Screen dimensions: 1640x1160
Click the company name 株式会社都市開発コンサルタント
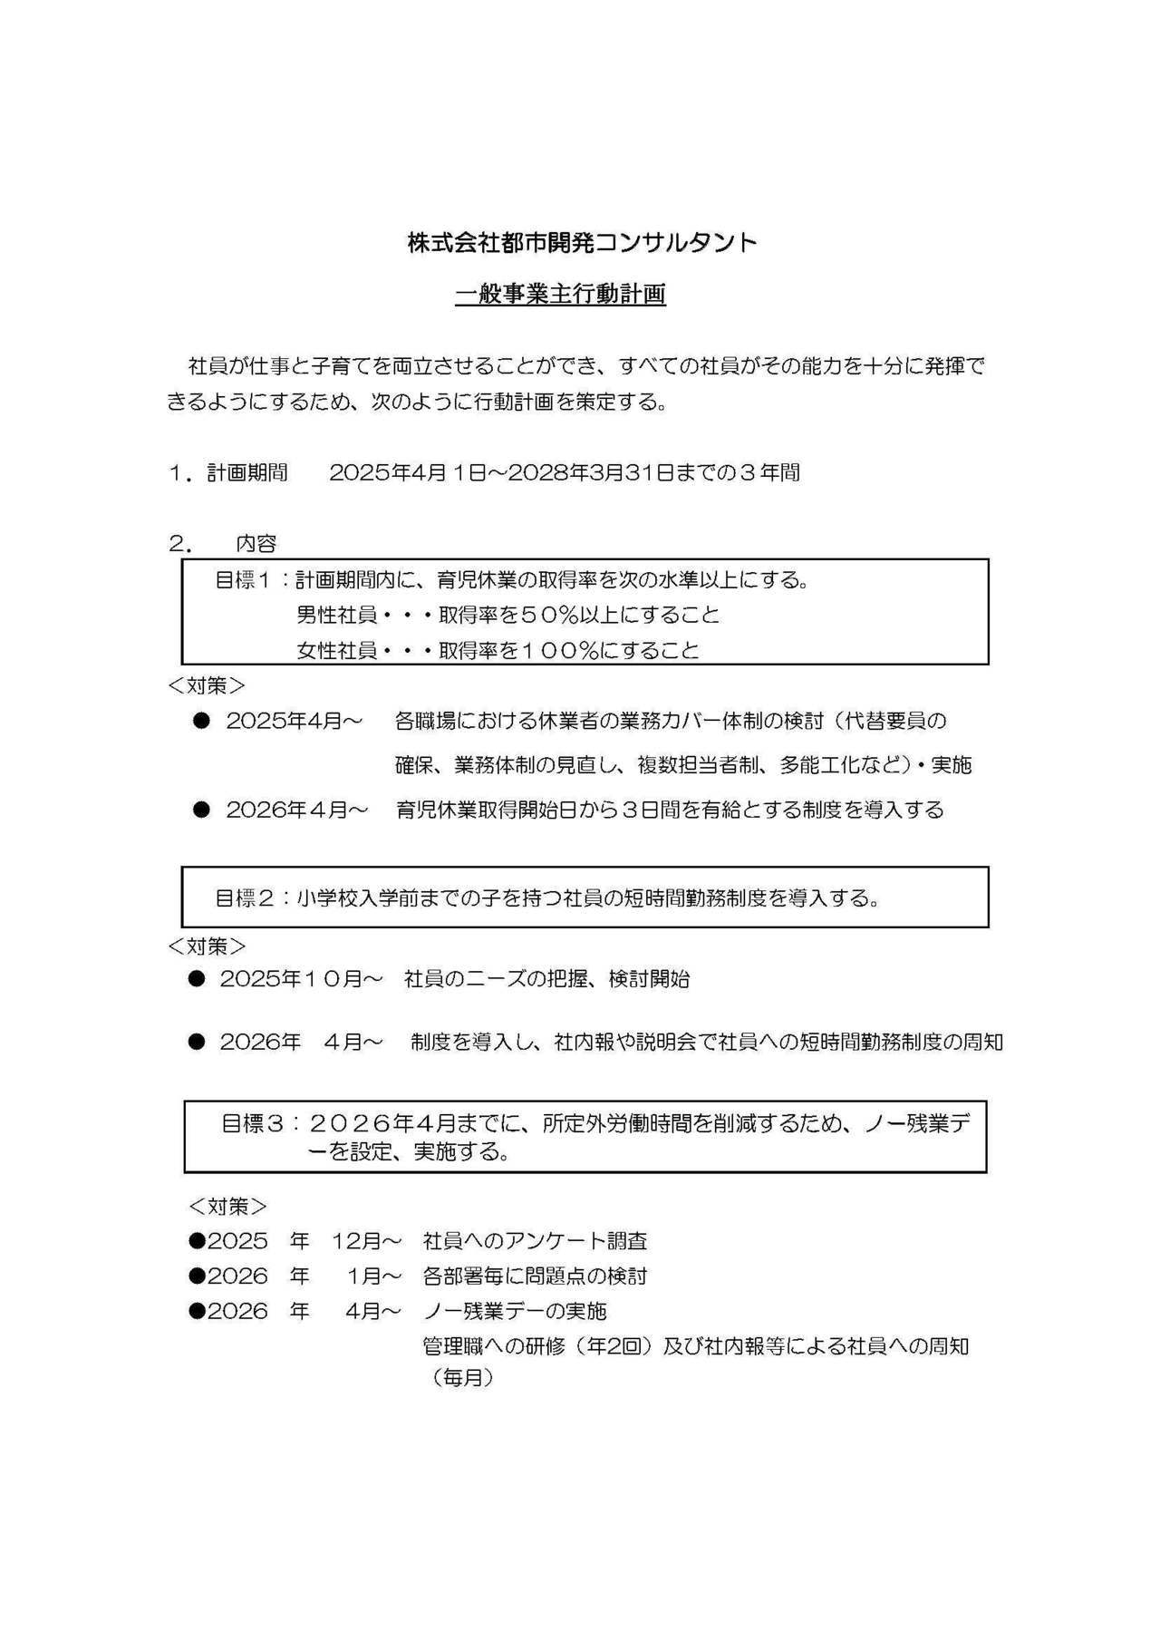(582, 243)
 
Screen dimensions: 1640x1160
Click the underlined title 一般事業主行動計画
(560, 295)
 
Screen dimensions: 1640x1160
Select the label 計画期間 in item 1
(247, 472)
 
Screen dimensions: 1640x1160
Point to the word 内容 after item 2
(256, 544)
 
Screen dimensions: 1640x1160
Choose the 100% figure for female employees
(556, 651)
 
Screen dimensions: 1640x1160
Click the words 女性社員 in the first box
(336, 651)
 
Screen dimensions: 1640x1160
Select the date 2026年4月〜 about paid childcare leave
(296, 810)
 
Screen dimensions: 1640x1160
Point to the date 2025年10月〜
(301, 979)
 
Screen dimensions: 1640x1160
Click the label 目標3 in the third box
(250, 1124)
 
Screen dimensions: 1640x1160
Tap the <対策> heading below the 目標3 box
(227, 1207)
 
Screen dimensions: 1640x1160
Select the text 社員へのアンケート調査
(535, 1241)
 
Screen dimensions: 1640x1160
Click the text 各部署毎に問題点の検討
(535, 1276)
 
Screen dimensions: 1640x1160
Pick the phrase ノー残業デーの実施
(515, 1312)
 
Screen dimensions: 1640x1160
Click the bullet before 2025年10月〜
(197, 979)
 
